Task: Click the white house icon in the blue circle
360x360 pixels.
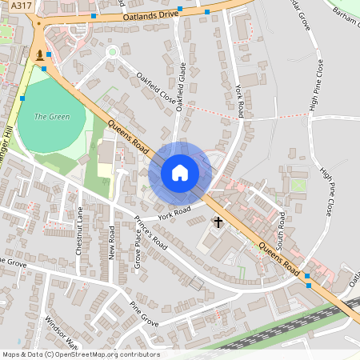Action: pos(180,173)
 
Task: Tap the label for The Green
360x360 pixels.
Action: pos(52,117)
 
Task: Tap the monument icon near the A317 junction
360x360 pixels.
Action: pos(39,54)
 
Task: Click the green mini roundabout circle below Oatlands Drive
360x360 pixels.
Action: pos(112,52)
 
